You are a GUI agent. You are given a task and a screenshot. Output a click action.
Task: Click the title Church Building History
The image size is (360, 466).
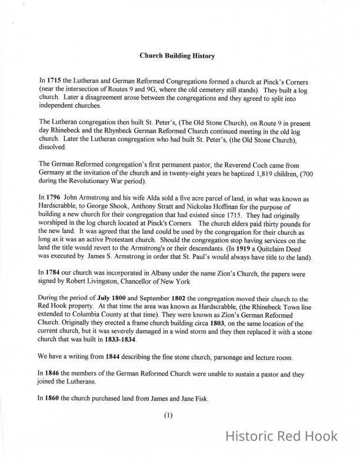177,56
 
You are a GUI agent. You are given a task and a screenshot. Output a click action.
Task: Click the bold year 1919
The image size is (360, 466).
258,249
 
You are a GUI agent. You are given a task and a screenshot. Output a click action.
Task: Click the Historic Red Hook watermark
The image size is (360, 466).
282,436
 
